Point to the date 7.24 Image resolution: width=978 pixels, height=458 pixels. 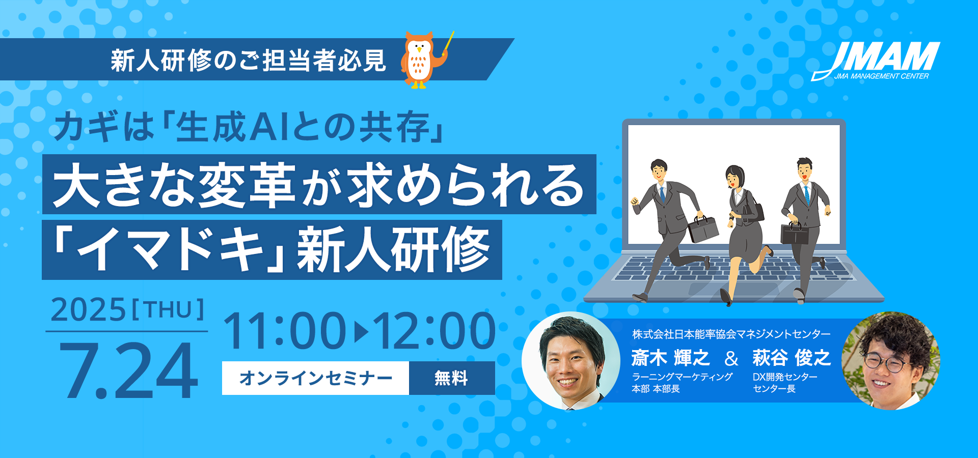pos(128,370)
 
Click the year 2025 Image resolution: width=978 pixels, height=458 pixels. pos(88,309)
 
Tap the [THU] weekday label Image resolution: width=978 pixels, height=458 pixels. pos(168,309)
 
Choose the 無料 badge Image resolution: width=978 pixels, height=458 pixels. pos(451,378)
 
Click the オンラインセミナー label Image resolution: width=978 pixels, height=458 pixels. pos(316,378)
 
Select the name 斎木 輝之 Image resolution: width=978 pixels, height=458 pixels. pos(670,358)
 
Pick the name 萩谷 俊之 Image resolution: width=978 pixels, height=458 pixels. pos(792,358)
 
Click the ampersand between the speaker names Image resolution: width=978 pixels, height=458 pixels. pos(731,358)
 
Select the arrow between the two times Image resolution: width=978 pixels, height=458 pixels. pos(361,332)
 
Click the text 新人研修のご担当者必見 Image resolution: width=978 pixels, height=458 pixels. pos(249,61)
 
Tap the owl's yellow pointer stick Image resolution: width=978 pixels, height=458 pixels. pos(448,43)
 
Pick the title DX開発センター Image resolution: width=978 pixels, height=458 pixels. pos(785,377)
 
